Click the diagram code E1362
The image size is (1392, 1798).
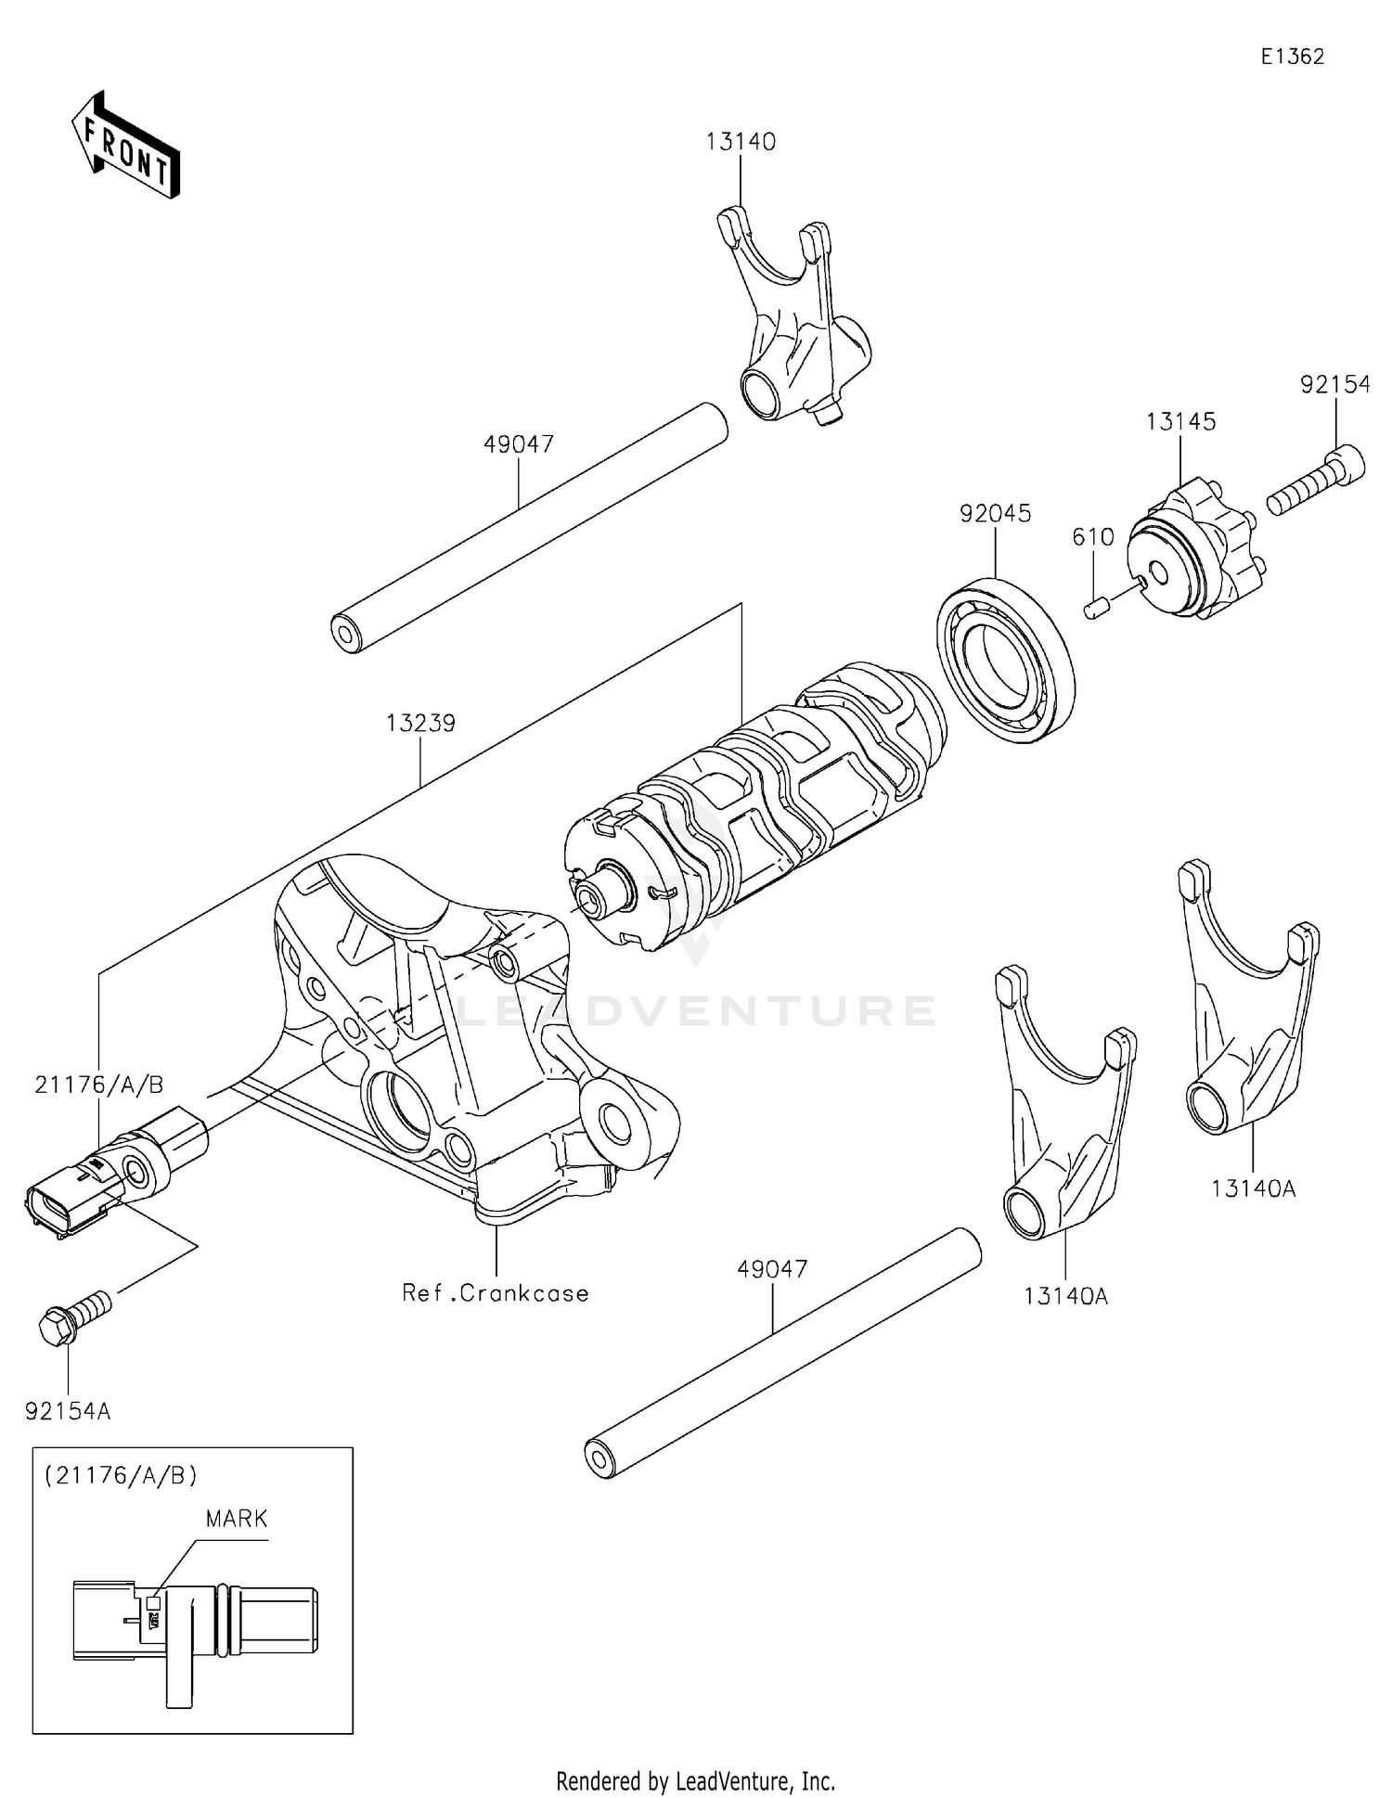tap(1292, 57)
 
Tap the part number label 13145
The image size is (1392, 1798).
tap(1179, 421)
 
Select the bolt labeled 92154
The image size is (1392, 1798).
tap(1316, 481)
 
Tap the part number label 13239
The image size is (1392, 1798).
tap(421, 724)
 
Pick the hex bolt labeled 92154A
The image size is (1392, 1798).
tap(74, 1314)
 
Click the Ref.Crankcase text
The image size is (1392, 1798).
tap(496, 1293)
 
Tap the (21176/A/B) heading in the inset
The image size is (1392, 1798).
tap(121, 1475)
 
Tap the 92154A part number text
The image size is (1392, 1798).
tap(68, 1411)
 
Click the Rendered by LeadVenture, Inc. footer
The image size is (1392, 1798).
tap(695, 1781)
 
